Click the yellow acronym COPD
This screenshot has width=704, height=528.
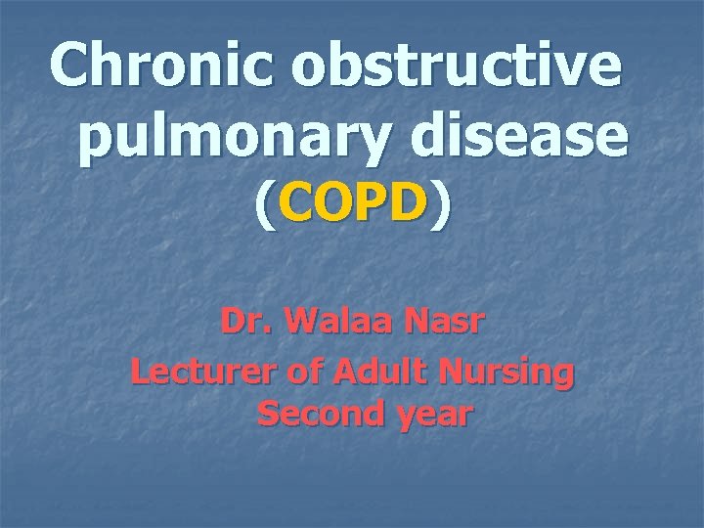353,206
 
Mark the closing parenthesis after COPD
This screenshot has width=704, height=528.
443,208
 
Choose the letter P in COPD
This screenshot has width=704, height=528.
373,206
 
